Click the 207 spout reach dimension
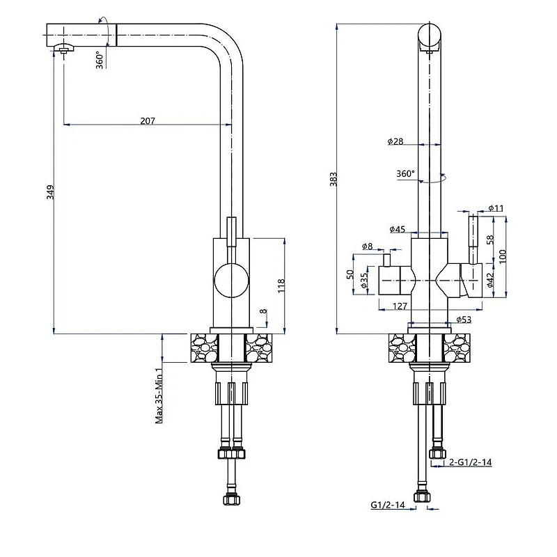coord(148,120)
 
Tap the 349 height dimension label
coord(50,192)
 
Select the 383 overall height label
coord(334,179)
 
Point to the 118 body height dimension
coord(281,285)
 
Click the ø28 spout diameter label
coord(395,141)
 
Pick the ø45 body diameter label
coord(397,229)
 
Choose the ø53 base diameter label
coord(464,320)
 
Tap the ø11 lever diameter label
coord(496,207)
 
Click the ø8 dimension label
coord(368,246)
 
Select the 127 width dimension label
coord(400,306)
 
